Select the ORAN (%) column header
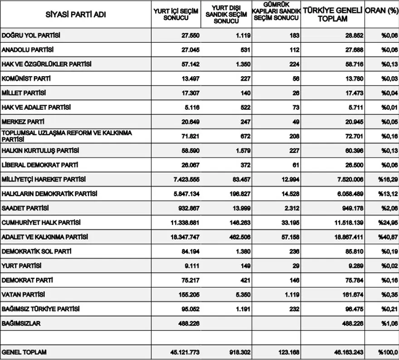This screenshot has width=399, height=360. pos(381,10)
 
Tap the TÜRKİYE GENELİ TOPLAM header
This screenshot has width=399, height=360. pos(332,15)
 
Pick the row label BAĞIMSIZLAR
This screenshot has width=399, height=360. pos(22,324)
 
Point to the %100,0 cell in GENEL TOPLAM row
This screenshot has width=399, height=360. pos(388,353)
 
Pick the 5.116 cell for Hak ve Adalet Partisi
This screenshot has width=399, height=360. pos(190,108)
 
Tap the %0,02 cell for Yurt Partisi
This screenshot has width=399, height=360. pos(389,266)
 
